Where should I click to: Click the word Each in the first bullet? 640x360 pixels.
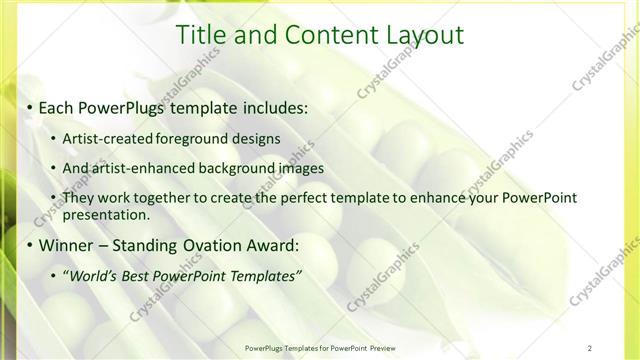57,107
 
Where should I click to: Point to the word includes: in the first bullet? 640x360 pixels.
272,107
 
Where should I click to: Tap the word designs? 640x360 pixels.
256,138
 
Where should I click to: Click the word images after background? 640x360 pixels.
295,168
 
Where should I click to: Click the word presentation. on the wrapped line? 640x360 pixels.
106,214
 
